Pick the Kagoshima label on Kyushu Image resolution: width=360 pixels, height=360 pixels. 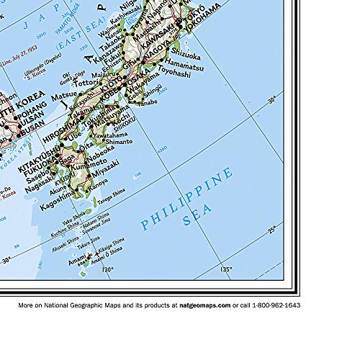coord(58,197)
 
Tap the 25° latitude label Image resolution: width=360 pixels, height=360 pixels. coord(272,230)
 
